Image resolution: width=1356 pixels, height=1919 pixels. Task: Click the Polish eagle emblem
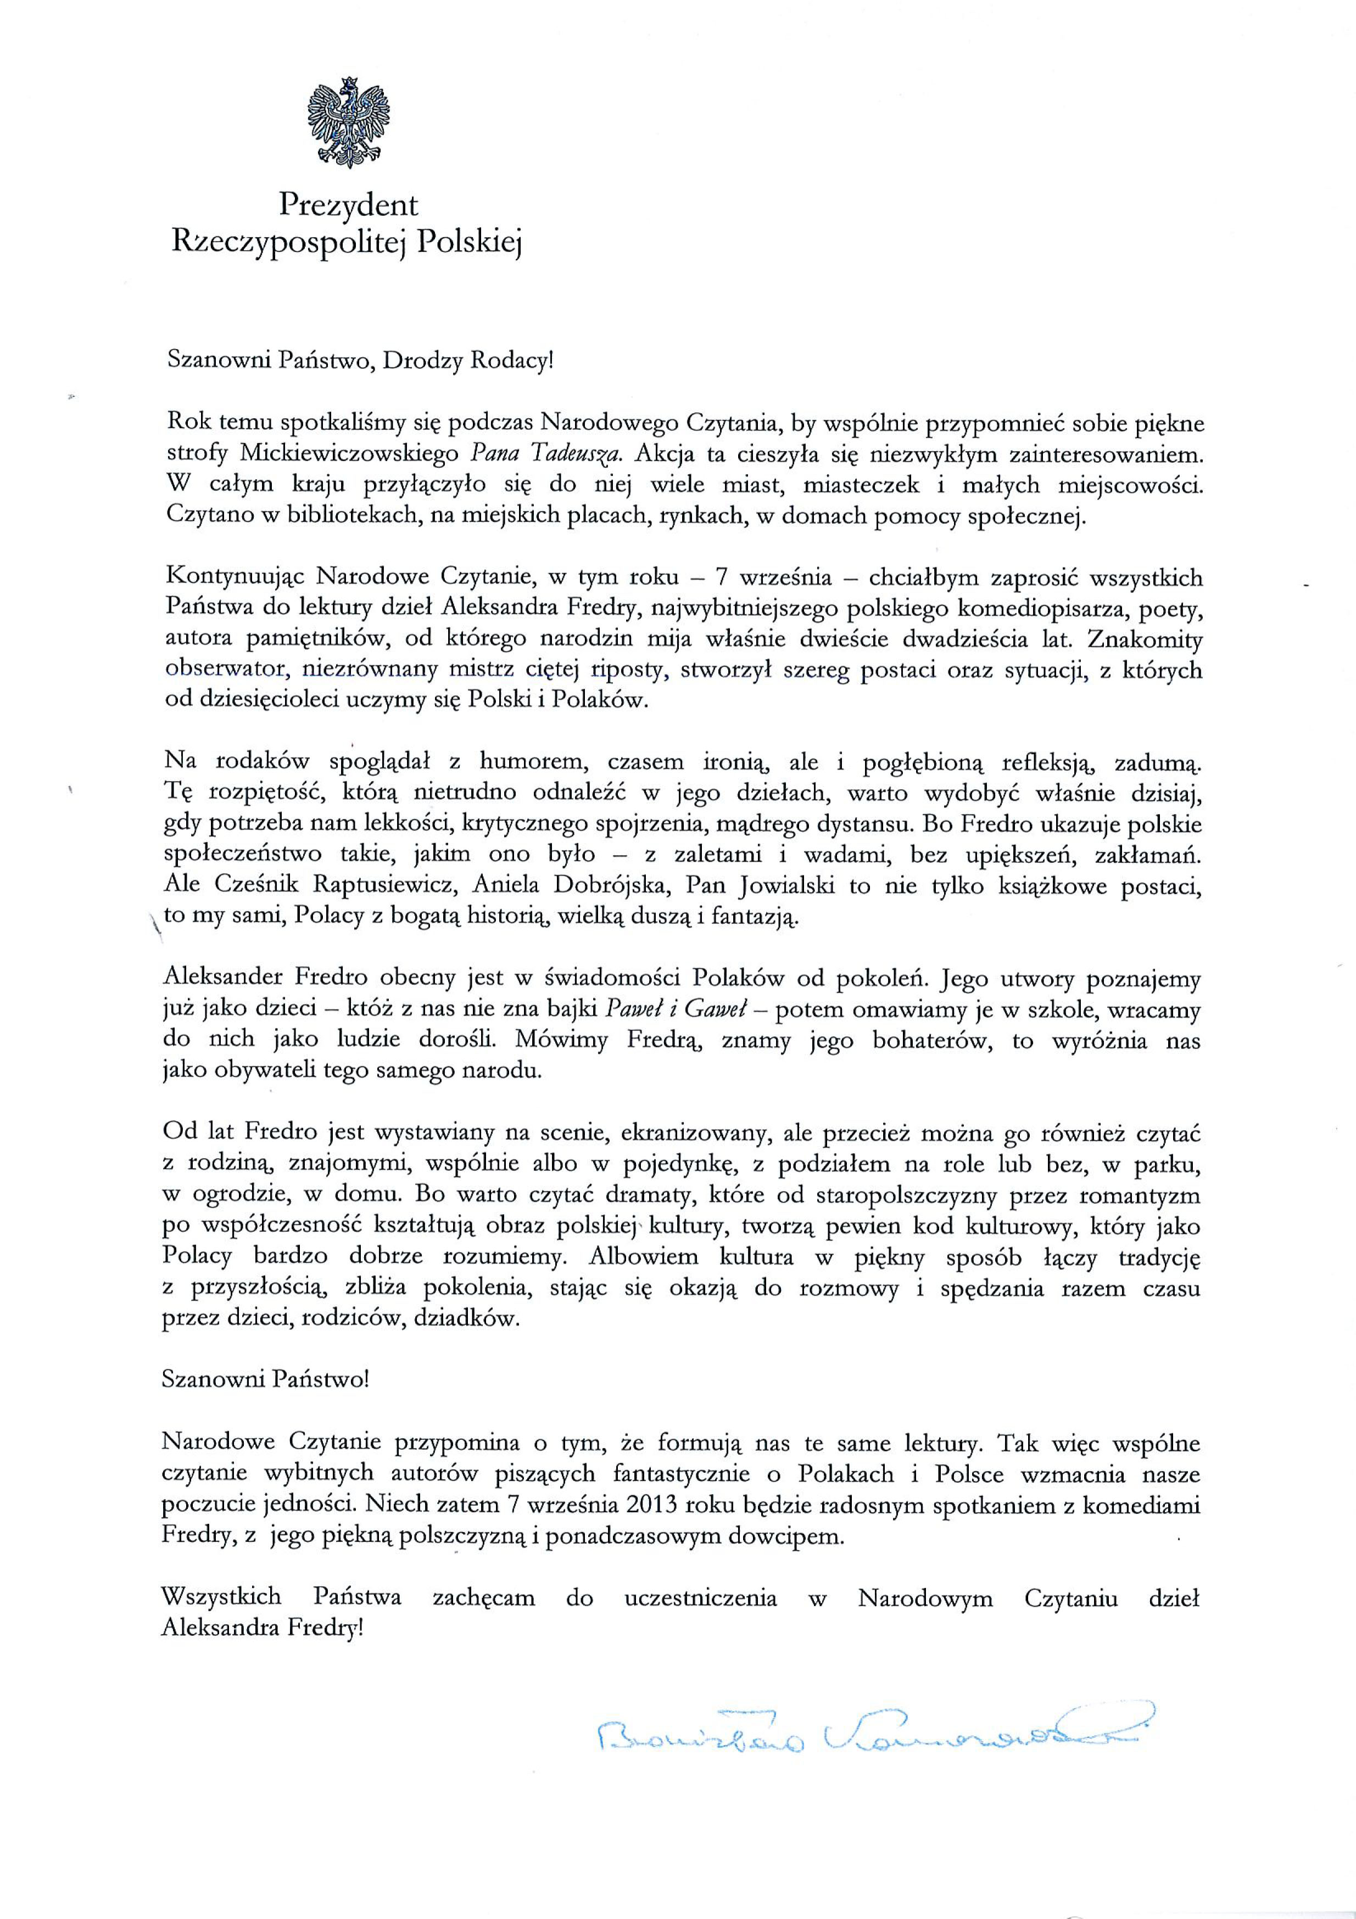pyautogui.click(x=349, y=120)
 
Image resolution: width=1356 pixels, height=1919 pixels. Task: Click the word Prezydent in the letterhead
pyautogui.click(x=349, y=206)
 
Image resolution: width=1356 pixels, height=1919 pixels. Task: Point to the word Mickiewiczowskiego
pyautogui.click(x=349, y=454)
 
